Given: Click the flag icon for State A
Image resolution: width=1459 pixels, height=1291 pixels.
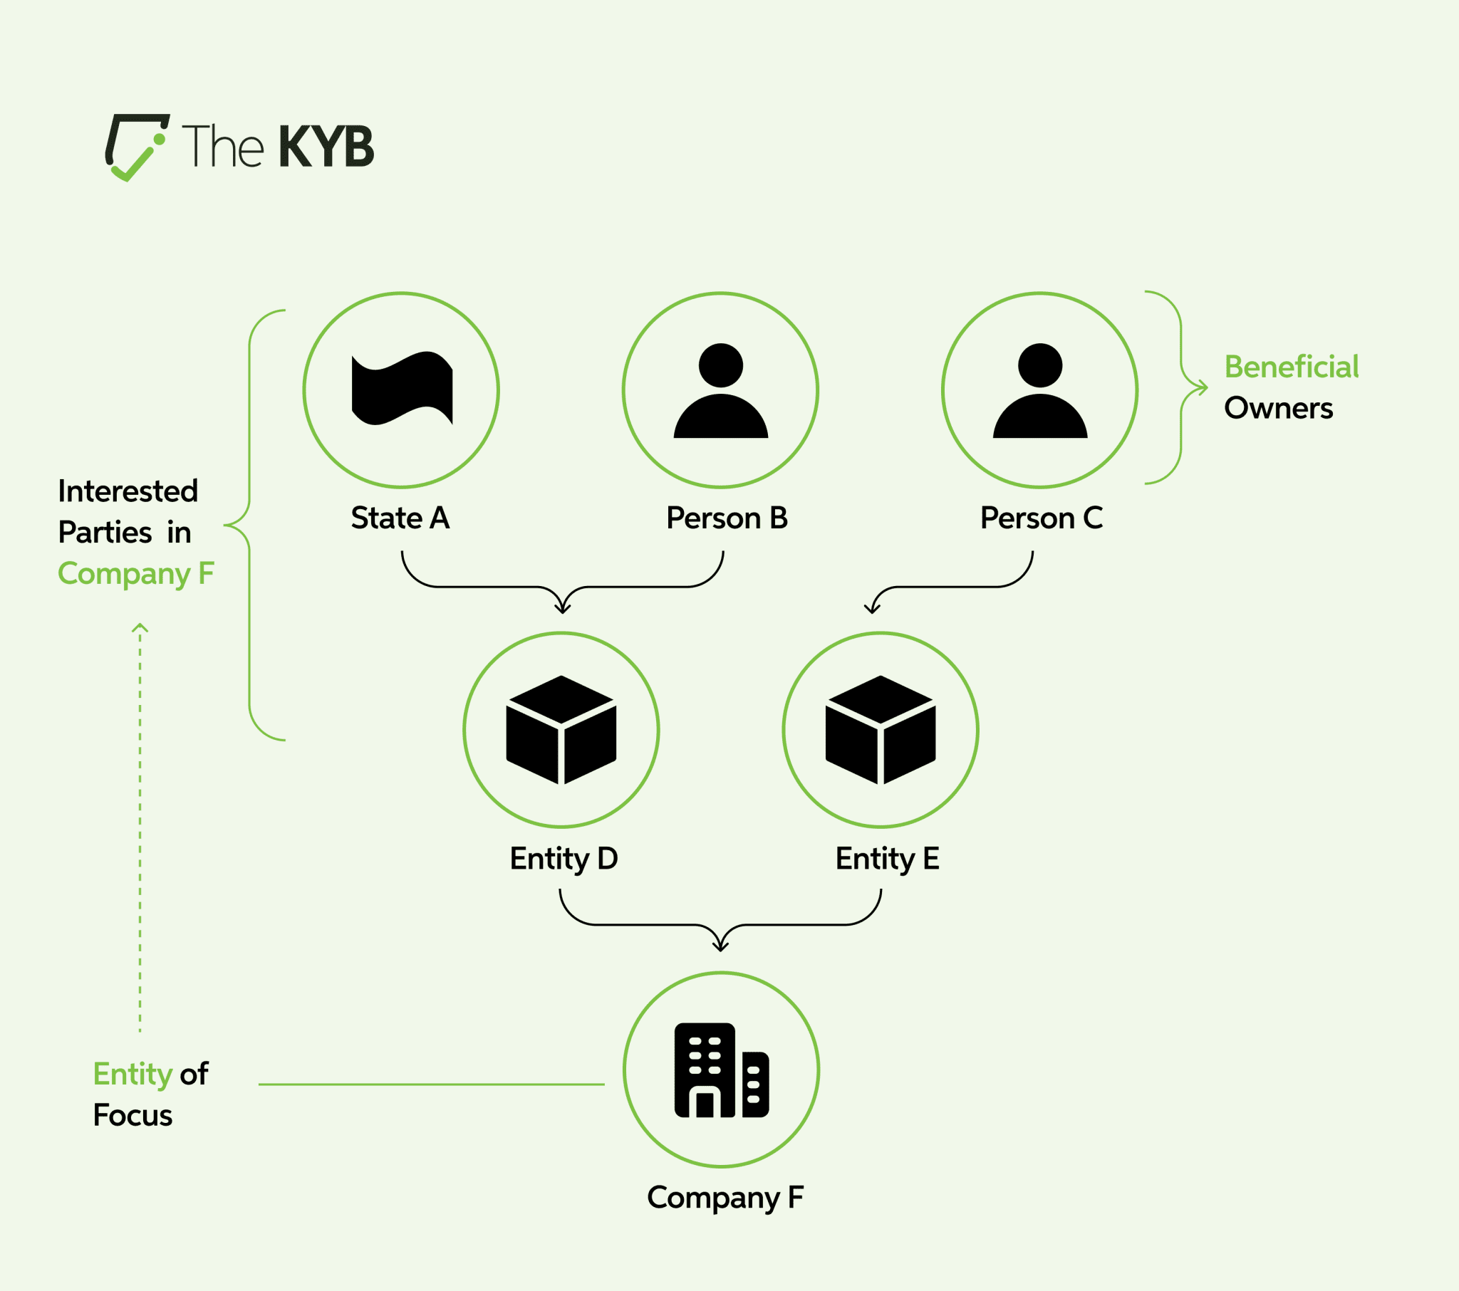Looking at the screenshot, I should pos(402,389).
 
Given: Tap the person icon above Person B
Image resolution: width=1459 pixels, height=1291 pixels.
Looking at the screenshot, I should pos(720,391).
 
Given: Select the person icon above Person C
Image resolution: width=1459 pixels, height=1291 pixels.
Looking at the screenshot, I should pos(1039,391).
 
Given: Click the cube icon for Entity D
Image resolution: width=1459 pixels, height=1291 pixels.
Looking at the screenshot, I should pos(561,730).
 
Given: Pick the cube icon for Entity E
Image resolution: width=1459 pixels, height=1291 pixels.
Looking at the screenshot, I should pos(880,730).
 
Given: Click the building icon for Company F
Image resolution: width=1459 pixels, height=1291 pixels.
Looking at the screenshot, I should pos(721,1070).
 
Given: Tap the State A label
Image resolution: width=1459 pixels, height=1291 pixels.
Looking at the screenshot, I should pos(400,518).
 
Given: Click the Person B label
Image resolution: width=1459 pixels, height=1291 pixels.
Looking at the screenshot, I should pos(727,518).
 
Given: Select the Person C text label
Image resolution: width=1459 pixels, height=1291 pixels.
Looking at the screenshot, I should pos(1042,518).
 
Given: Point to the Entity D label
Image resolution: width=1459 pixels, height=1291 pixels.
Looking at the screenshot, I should pos(564,859).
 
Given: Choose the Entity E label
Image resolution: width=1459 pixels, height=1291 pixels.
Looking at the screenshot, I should pos(887,859).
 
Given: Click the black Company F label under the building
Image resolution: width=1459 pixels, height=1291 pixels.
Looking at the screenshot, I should pos(725,1198).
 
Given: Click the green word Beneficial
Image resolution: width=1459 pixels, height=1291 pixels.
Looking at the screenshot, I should pos(1292,367).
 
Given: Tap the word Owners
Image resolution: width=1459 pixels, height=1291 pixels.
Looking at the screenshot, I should pos(1279,408).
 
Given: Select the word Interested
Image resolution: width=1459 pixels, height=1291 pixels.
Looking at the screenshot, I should pos(128,491).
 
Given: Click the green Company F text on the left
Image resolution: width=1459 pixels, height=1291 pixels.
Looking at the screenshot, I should pos(135,574).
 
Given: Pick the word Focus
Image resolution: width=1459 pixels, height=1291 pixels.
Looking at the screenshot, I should pos(133,1115).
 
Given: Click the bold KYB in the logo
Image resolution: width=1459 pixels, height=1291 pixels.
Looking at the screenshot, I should pos(326,147).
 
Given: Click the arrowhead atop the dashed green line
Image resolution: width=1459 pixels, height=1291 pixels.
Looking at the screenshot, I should pos(140,628).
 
